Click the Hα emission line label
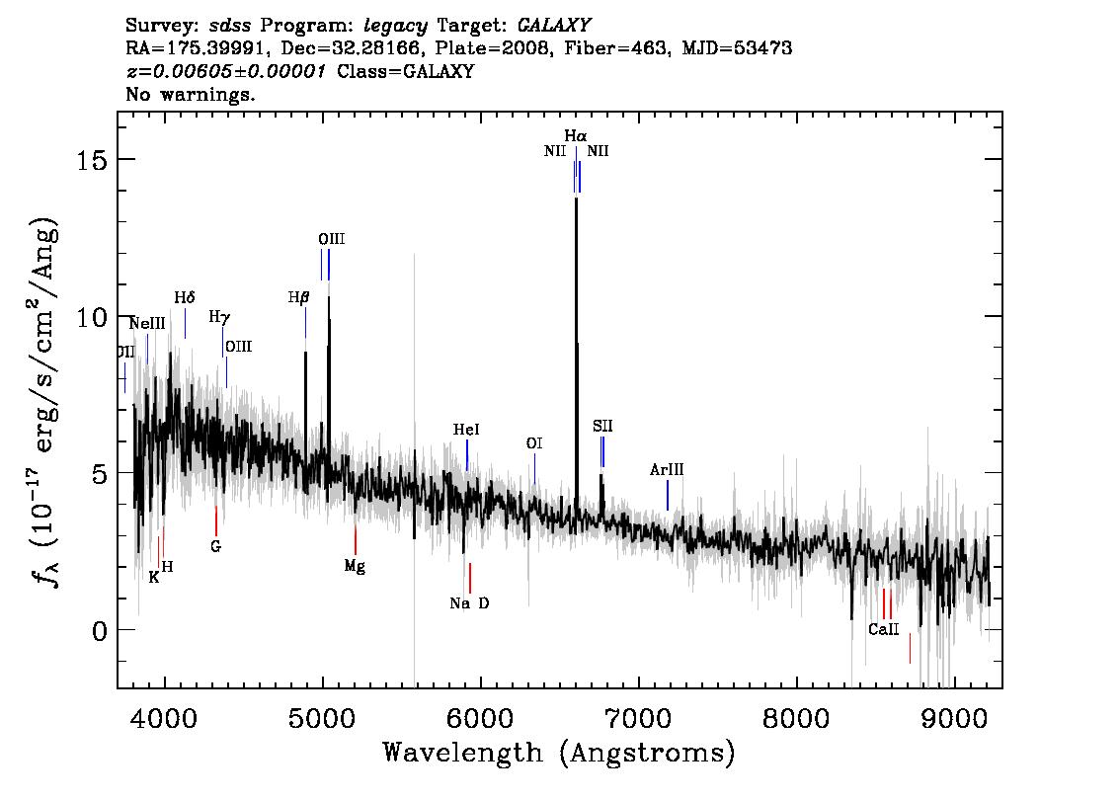[x=575, y=135]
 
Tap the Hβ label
[x=298, y=297]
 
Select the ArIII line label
[x=667, y=469]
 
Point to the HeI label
[x=466, y=430]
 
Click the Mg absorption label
[x=355, y=566]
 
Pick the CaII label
[x=884, y=629]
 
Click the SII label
[x=602, y=427]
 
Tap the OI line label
[x=534, y=443]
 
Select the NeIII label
[x=147, y=324]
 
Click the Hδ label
[x=185, y=297]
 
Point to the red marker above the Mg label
[x=355, y=540]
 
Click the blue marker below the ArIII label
[x=668, y=496]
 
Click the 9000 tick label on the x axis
[x=953, y=718]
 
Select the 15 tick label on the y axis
[x=92, y=160]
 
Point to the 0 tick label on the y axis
[x=100, y=631]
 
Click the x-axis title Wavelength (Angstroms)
[x=559, y=753]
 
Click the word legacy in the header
[x=396, y=27]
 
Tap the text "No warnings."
[x=190, y=94]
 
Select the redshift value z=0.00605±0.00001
[x=226, y=71]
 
